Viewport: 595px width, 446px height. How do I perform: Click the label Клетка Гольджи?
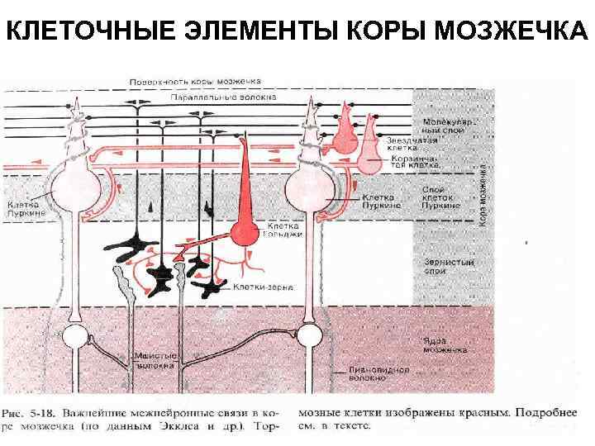pyautogui.click(x=284, y=230)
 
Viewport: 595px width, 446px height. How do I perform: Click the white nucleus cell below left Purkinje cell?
pyautogui.click(x=77, y=338)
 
